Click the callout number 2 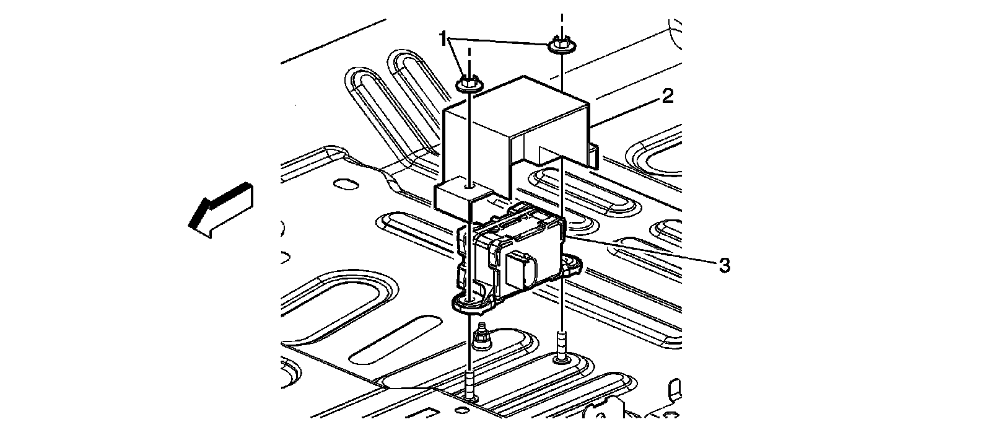[x=666, y=96]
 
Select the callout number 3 [x=724, y=266]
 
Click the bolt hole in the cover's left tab [x=472, y=184]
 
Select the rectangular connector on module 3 [x=519, y=270]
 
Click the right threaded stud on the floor [x=561, y=347]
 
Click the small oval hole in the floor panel [x=344, y=184]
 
